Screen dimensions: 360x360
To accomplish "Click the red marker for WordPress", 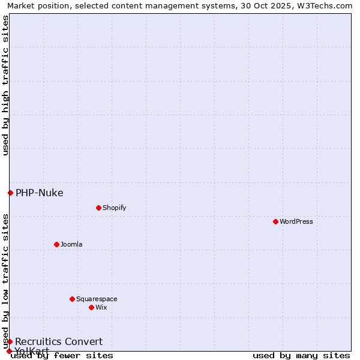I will click(275, 221).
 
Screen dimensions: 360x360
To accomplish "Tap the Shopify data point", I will click(98, 208).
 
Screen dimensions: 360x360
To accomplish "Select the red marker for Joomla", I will click(56, 244).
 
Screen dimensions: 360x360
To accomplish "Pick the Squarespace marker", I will click(72, 299).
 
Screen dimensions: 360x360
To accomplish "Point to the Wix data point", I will click(91, 307).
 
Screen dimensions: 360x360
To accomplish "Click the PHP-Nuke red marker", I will click(10, 193).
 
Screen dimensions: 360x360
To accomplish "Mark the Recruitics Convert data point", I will click(10, 341).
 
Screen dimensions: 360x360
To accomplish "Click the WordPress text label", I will click(296, 221).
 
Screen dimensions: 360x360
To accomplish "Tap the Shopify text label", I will click(114, 208).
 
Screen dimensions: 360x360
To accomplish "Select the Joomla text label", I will click(71, 244).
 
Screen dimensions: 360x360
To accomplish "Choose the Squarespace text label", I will click(97, 299).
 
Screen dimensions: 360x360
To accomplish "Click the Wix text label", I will click(101, 307).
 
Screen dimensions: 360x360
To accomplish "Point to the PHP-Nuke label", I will click(40, 193).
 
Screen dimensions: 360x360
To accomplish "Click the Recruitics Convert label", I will click(59, 341).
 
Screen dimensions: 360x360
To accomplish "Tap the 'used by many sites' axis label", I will click(301, 356).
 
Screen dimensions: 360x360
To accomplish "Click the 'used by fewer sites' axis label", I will click(62, 356).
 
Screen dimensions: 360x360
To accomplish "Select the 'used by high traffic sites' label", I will click(6, 85).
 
